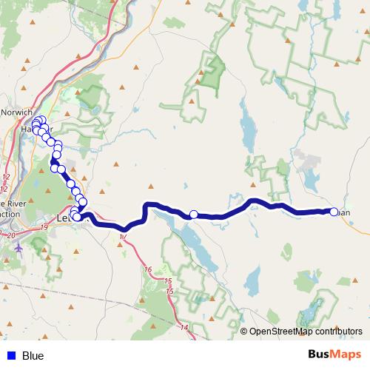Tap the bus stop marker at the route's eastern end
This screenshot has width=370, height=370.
pos(333,212)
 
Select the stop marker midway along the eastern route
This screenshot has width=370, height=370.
pos(194,215)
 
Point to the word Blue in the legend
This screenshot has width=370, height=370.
pos(33,356)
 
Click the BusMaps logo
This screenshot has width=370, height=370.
pos(334,355)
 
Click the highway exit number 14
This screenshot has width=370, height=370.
pos(184,326)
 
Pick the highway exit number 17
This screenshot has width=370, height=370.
pos(122,236)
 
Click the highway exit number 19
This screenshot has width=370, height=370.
pos(44,226)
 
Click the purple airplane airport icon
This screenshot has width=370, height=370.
pos(18,246)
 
